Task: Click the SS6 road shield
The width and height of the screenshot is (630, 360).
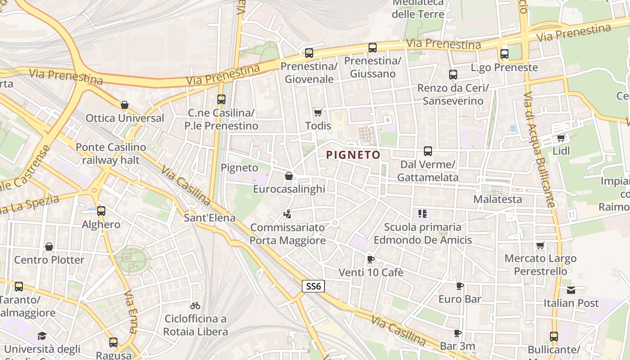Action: pos(313,286)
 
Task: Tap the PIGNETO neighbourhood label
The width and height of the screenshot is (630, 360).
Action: pos(353,155)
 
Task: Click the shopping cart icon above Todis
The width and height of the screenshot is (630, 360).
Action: pos(318,112)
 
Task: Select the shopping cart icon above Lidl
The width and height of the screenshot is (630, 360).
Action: pos(561,138)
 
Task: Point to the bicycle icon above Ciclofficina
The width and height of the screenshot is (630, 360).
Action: pos(195,306)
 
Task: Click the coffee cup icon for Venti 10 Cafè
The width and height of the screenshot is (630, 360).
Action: pos(370,259)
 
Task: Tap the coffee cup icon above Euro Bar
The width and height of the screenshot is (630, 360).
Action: pos(459,286)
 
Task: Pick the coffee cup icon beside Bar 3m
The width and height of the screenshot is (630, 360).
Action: pos(457,333)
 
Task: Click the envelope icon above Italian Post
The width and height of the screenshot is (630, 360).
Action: pos(571,290)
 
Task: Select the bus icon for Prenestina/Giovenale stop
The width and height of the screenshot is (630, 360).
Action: pos(309,53)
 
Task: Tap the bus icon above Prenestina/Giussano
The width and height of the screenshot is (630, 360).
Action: pos(372,48)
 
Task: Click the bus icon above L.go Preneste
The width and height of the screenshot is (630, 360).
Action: pos(504,54)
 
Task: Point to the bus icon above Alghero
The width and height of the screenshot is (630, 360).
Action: pos(101,211)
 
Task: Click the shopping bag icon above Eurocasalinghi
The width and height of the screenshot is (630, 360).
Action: pos(289,176)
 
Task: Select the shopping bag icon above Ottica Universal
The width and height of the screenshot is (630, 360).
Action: pos(125,105)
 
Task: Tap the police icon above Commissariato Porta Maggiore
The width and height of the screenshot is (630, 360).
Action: pos(287,214)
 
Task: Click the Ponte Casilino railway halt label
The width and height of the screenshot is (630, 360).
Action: pos(111,153)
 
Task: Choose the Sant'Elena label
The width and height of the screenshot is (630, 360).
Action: pos(210,218)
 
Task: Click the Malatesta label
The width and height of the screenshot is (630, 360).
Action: pos(498,199)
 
